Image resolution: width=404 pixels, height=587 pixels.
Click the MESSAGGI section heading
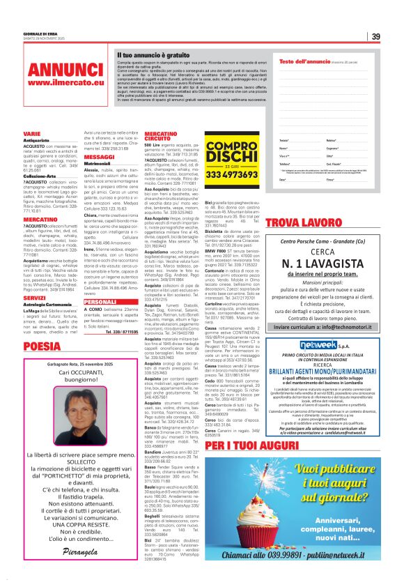(x=99, y=158)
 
